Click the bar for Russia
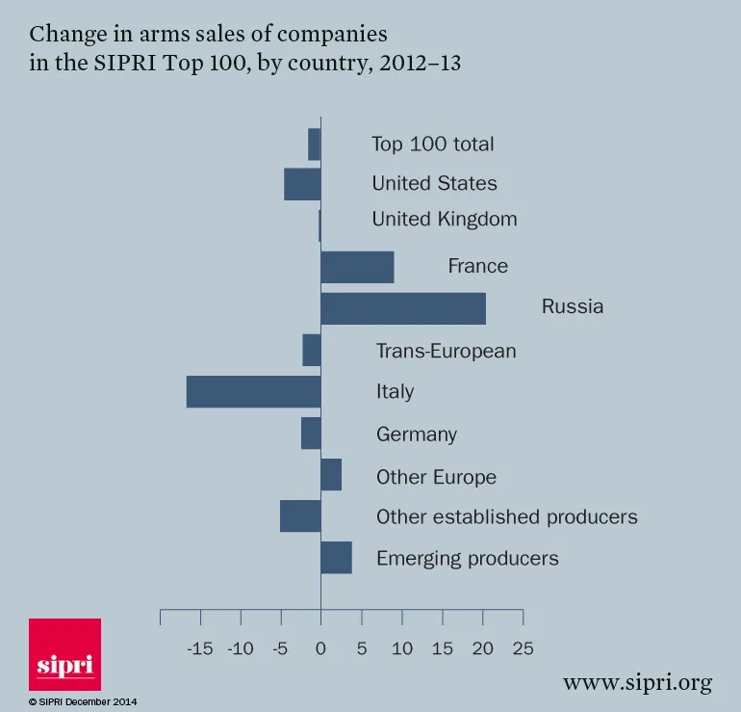pyautogui.click(x=402, y=308)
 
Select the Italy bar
pyautogui.click(x=253, y=391)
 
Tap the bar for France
pyautogui.click(x=357, y=267)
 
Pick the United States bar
pyautogui.click(x=302, y=184)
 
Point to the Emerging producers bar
pyautogui.click(x=336, y=558)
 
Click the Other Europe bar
pyautogui.click(x=331, y=475)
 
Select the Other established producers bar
pyautogui.click(x=300, y=516)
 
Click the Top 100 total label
pyautogui.click(x=433, y=145)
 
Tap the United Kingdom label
pyautogui.click(x=445, y=219)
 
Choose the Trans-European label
pyautogui.click(x=446, y=351)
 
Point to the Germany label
pyautogui.click(x=417, y=435)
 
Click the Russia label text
pyautogui.click(x=573, y=307)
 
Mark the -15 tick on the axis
pyautogui.click(x=199, y=648)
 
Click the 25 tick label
pyautogui.click(x=523, y=648)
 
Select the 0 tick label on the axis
pyautogui.click(x=320, y=648)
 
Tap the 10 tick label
pyautogui.click(x=401, y=648)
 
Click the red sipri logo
pyautogui.click(x=64, y=654)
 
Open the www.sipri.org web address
pyautogui.click(x=637, y=683)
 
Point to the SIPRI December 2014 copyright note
pyautogui.click(x=83, y=702)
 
